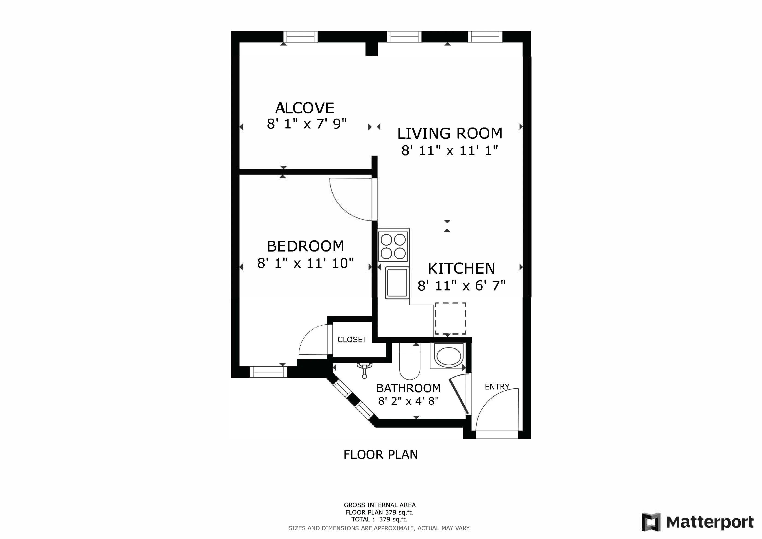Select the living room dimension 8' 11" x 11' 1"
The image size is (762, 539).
pyautogui.click(x=449, y=151)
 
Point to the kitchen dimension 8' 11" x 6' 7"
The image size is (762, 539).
pyautogui.click(x=461, y=285)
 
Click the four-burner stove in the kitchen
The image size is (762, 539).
pyautogui.click(x=393, y=246)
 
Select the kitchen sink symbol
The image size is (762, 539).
pyautogui.click(x=397, y=282)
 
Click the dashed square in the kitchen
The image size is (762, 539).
pyautogui.click(x=450, y=318)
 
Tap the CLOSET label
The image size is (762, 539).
pyautogui.click(x=352, y=340)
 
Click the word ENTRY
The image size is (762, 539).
pyautogui.click(x=497, y=387)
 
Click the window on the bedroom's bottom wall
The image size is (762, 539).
pyautogui.click(x=268, y=372)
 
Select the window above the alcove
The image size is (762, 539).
pyautogui.click(x=300, y=36)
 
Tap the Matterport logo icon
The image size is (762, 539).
pyautogui.click(x=651, y=522)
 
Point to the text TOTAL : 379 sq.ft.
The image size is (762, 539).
pyautogui.click(x=379, y=519)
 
